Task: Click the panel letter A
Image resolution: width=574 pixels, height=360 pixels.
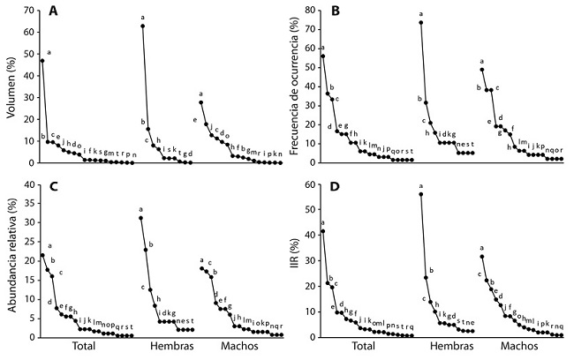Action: click(54, 12)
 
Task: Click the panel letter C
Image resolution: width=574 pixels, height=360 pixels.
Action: click(54, 187)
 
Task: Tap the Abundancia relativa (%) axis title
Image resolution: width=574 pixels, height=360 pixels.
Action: click(8, 261)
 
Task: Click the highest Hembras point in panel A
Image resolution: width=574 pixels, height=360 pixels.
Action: click(142, 26)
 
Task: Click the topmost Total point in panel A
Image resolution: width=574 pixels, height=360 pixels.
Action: click(42, 60)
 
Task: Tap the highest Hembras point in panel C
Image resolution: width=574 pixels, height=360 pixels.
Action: click(140, 218)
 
